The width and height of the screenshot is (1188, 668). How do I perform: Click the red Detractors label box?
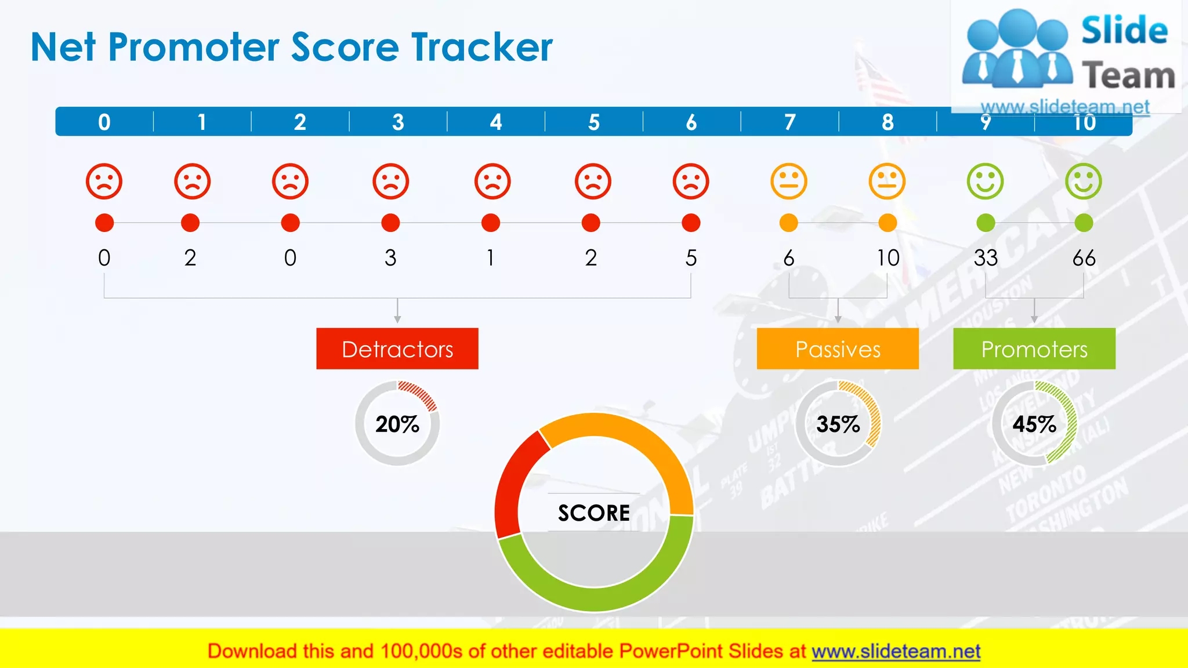(x=397, y=348)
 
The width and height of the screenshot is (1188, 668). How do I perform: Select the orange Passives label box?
(x=838, y=348)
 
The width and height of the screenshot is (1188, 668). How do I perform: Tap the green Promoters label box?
(x=1034, y=348)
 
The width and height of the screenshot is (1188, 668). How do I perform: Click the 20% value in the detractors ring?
(x=397, y=424)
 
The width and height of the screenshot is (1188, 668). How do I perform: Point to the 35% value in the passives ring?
(x=838, y=424)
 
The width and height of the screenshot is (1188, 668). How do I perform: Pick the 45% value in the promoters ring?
(x=1034, y=424)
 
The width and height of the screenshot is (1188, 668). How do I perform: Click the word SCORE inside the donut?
(x=594, y=513)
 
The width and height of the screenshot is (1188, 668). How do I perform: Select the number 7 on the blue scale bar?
(x=789, y=122)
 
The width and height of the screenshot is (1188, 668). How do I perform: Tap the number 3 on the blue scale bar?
(x=398, y=122)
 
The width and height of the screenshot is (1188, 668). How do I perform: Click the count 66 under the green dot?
(x=1084, y=258)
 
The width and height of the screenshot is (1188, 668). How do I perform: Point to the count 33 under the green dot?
(x=986, y=258)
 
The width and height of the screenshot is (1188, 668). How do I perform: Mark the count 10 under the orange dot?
(x=888, y=258)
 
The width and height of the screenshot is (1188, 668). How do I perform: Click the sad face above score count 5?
(x=691, y=181)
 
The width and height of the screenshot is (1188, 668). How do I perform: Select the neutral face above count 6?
(x=789, y=181)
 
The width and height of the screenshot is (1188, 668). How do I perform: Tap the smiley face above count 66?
(x=1084, y=181)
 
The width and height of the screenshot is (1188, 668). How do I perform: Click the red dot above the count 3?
(x=390, y=223)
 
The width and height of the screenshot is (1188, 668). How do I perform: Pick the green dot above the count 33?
(x=986, y=223)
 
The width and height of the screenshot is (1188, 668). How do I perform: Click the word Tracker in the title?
(x=481, y=47)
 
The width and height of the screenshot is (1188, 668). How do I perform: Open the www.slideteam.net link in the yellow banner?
(x=896, y=651)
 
